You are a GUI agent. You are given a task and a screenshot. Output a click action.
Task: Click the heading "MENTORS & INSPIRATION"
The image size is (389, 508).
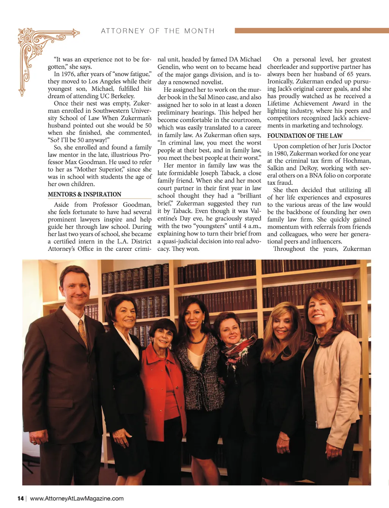click(x=84, y=194)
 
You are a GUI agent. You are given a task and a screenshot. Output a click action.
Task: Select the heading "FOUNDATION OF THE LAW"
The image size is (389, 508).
click(x=305, y=136)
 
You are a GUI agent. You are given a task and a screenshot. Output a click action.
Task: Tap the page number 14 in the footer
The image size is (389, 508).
click(x=21, y=499)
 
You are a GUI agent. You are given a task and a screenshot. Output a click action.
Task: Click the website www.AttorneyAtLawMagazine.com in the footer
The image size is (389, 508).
click(x=77, y=499)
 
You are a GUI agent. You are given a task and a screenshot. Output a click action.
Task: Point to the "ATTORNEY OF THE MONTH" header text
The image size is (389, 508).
click(x=158, y=31)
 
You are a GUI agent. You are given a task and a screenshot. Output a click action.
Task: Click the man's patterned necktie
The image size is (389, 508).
click(x=83, y=332)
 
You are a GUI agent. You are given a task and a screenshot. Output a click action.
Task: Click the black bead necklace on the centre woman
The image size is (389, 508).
click(x=198, y=338)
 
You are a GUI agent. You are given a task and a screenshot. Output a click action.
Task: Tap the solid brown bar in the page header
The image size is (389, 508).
click(x=312, y=30)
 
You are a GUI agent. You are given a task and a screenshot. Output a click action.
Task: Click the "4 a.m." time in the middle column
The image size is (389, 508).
click(x=251, y=226)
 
